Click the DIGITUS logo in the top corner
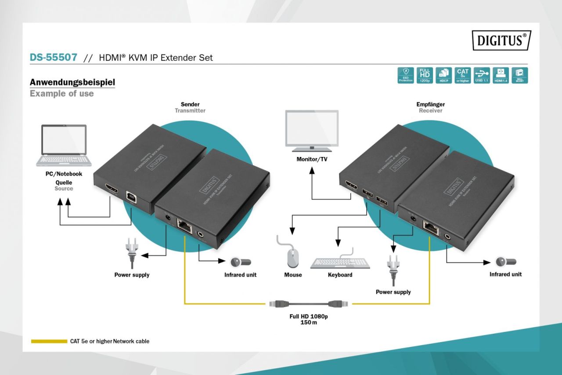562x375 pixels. [x=501, y=40]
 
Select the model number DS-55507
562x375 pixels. [x=54, y=57]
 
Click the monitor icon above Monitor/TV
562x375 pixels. [x=312, y=131]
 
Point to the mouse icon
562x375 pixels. [x=292, y=257]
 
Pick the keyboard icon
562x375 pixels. [x=340, y=263]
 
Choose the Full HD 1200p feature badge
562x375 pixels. [x=425, y=75]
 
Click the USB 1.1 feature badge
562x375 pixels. [x=482, y=75]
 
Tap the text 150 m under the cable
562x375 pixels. [x=309, y=322]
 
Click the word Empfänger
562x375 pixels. [x=430, y=104]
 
